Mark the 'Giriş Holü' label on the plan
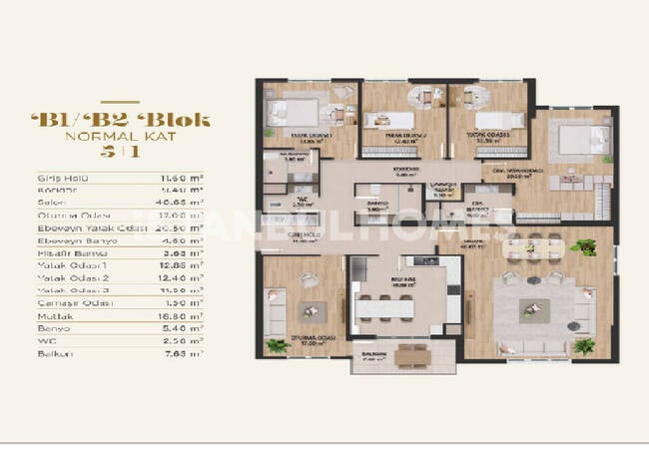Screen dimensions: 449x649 pos(303,237)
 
